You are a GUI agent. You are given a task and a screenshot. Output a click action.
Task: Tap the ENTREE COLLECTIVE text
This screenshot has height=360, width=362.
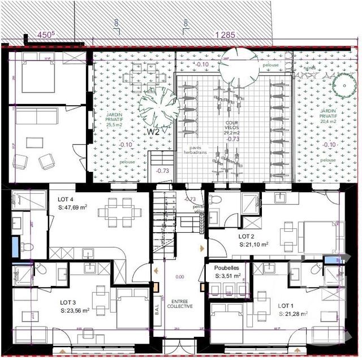(x=180, y=303)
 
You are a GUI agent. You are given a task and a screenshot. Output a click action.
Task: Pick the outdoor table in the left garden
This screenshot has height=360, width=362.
(x=139, y=74)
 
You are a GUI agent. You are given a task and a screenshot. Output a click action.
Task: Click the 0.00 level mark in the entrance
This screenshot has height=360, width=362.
(x=180, y=277)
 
